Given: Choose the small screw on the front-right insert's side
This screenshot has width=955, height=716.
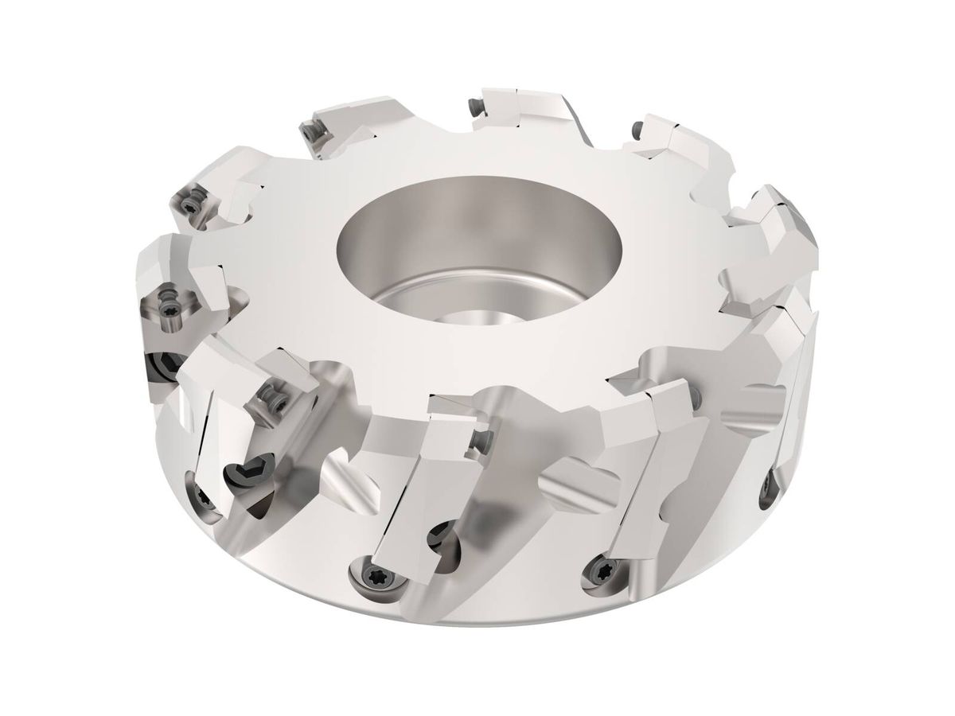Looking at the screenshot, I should [698, 396].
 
